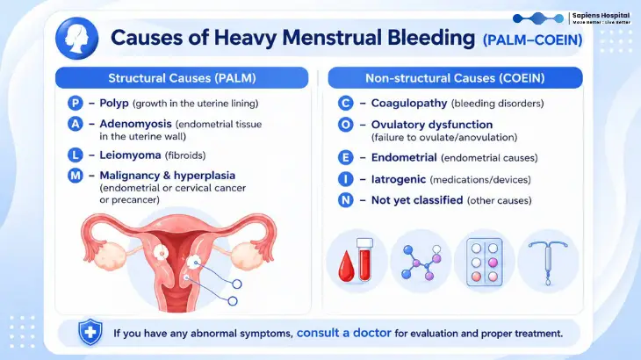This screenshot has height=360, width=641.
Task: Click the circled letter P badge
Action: coord(76,103)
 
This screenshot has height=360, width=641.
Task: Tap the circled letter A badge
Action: coord(76,124)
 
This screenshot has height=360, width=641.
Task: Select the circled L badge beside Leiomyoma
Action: coord(76,155)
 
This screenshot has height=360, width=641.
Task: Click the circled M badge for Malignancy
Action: coord(76,176)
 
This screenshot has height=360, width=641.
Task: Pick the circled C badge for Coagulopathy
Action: coord(345,103)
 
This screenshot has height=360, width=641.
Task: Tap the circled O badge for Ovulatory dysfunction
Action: coord(345,124)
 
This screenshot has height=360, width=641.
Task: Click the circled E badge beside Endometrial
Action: coord(345,157)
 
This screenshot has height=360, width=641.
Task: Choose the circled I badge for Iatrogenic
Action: coord(345,179)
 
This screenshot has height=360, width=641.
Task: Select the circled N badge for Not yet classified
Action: coord(345,200)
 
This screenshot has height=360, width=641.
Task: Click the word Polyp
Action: coord(114,104)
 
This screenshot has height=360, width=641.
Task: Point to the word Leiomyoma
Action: coord(130,155)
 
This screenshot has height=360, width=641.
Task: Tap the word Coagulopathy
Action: coord(409,104)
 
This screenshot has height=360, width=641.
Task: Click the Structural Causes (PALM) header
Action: coord(182,77)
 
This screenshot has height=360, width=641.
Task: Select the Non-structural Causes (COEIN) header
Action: coord(455,77)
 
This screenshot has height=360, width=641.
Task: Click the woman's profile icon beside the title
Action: coord(77,38)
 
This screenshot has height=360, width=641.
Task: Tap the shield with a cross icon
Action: coord(90,332)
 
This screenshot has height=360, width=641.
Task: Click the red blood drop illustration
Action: coord(346,267)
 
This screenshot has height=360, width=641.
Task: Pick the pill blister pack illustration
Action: coord(485,262)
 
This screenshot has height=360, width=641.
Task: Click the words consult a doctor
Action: coord(344,333)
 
